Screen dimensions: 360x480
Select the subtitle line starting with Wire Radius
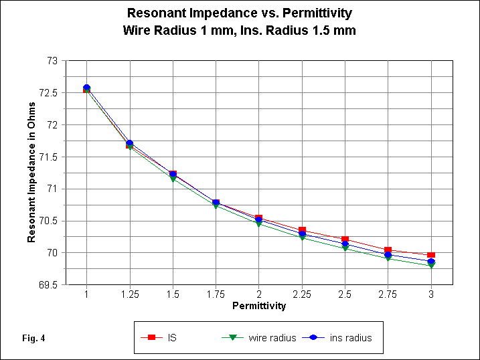tap(239, 30)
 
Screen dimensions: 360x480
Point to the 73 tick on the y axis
tap(52, 61)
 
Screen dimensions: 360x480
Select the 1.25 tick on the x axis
tap(129, 294)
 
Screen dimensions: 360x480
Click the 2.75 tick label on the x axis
tap(388, 294)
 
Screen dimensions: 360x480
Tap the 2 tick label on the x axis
tap(258, 294)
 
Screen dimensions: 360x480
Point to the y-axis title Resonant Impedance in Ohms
tap(31, 173)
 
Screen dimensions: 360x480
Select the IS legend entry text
tap(173, 338)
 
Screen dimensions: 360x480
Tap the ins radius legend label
tap(351, 338)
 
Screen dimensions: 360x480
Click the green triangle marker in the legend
tap(232, 338)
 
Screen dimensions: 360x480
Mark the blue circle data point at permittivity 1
tap(86, 88)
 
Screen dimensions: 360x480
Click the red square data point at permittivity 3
tap(431, 256)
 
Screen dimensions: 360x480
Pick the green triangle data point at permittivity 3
tap(431, 266)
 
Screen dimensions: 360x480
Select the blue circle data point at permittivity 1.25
tap(129, 143)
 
